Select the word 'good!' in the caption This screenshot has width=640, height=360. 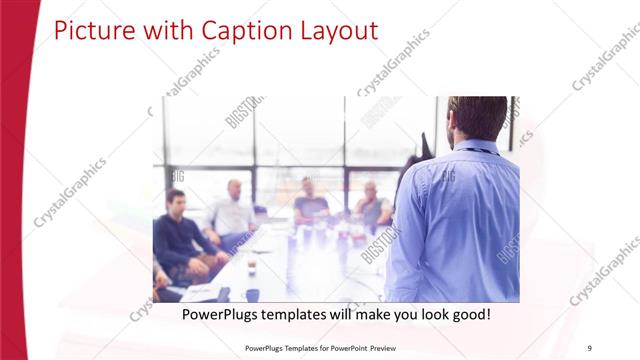[x=467, y=314]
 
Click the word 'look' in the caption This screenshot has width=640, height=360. [x=423, y=314]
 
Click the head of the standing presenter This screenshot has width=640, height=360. [x=477, y=117]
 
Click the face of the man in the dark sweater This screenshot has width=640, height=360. [x=176, y=201]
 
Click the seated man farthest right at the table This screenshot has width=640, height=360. [x=372, y=205]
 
